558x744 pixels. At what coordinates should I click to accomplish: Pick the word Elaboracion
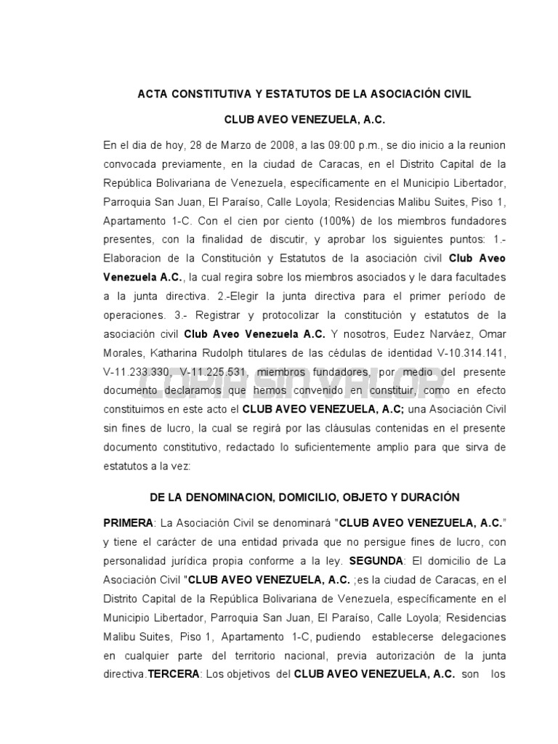click(x=134, y=258)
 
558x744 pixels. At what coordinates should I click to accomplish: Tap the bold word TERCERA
click(x=174, y=674)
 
